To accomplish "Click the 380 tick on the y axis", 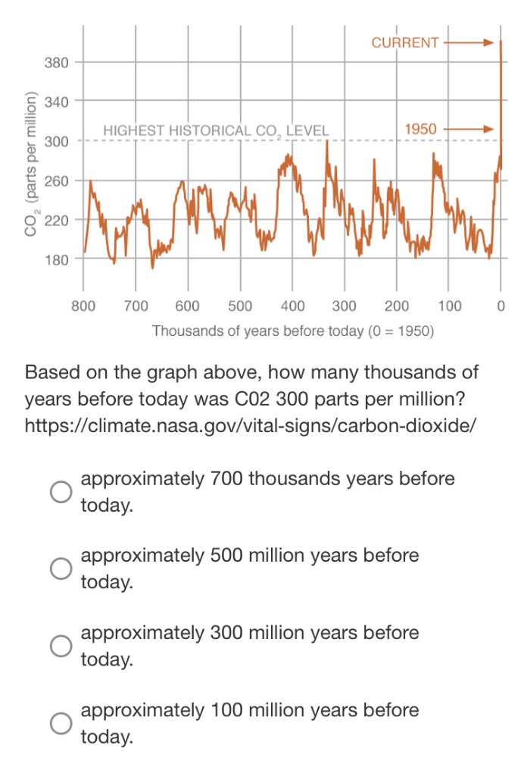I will click(57, 61).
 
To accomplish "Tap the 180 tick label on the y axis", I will click(57, 259).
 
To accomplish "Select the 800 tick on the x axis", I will click(83, 306).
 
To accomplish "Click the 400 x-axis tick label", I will click(292, 306).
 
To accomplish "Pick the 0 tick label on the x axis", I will click(501, 306).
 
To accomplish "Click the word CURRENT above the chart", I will click(404, 42).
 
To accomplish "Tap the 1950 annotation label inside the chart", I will click(420, 130).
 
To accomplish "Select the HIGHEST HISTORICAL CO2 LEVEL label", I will click(216, 131).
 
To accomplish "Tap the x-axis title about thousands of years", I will click(292, 331).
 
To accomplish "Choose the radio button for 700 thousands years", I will click(61, 492).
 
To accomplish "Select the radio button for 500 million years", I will click(61, 569).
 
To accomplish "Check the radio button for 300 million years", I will click(61, 646).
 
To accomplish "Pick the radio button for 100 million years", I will click(61, 723).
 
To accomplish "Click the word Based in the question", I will click(52, 373).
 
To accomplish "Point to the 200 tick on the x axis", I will click(396, 306).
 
